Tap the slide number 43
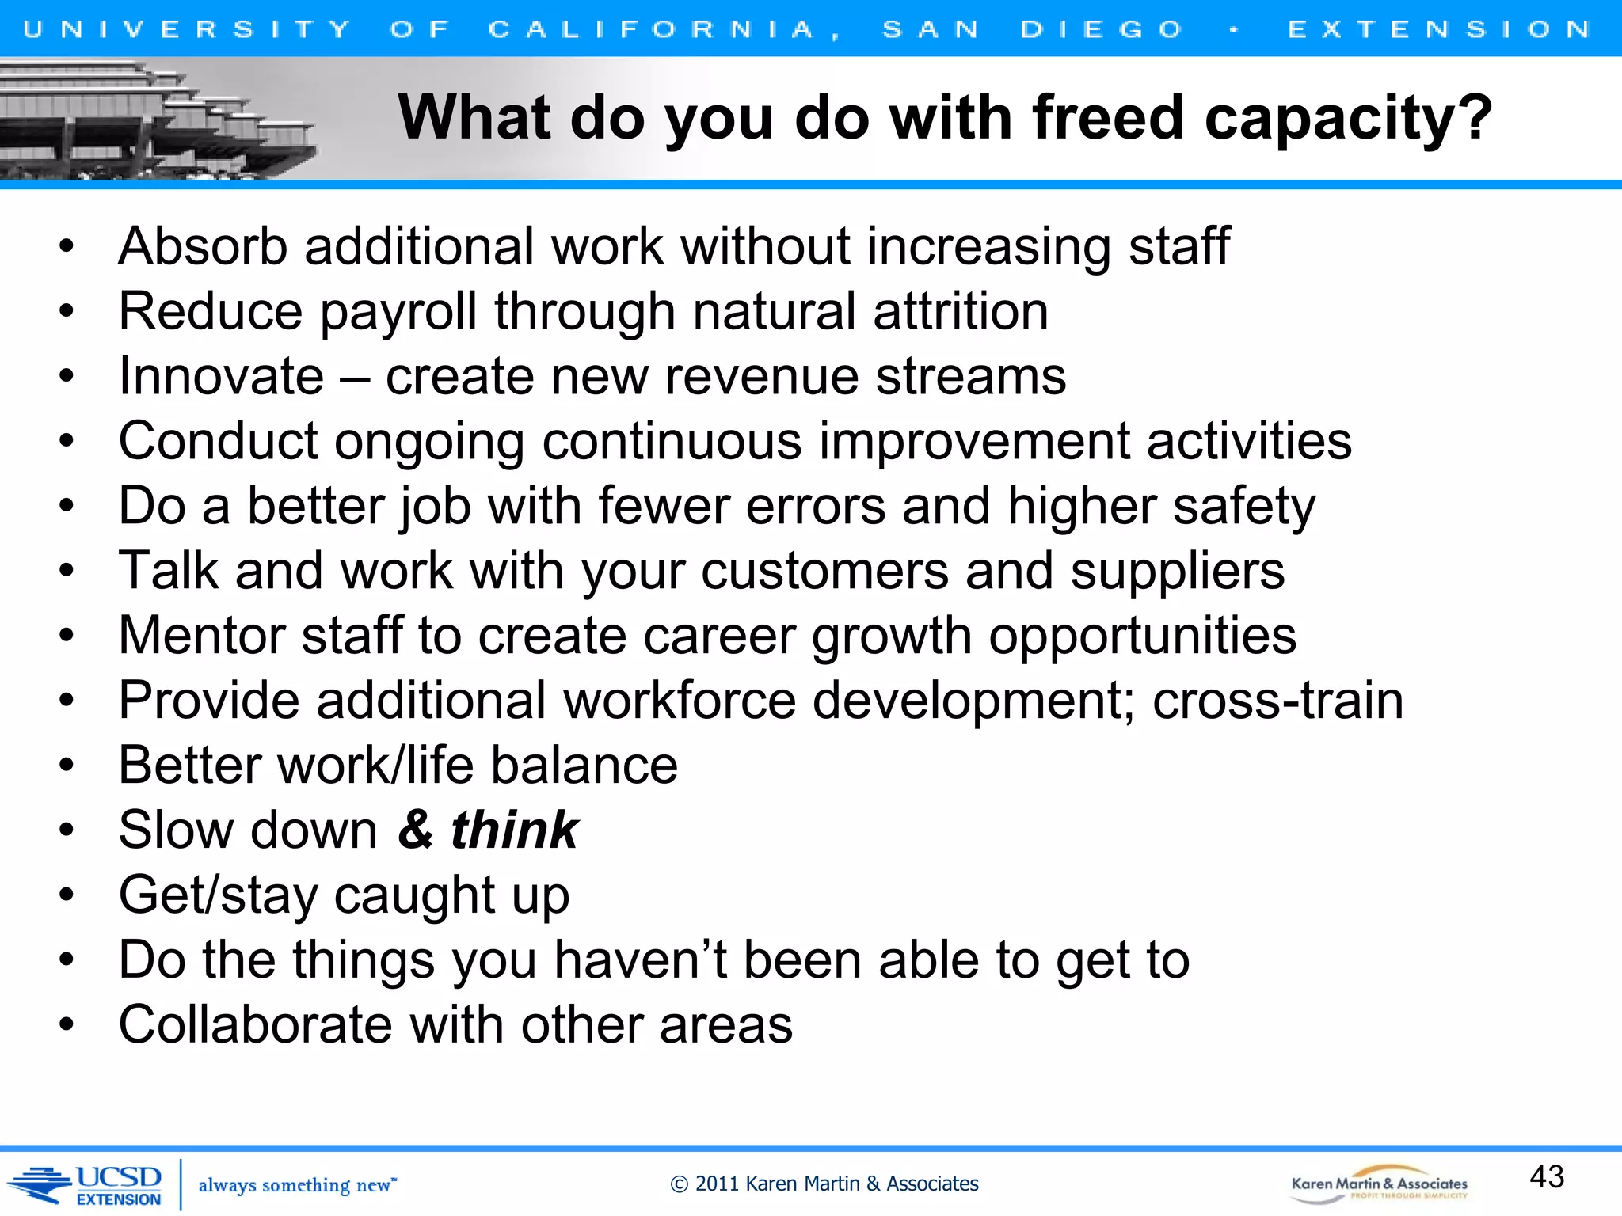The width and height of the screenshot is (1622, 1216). pos(1546,1176)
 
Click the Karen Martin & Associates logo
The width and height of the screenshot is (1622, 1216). pos(1379,1185)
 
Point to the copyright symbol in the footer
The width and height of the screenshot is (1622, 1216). pos(679,1184)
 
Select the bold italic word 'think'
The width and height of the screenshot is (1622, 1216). pos(515,830)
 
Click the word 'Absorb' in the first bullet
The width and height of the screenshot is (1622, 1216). pos(203,246)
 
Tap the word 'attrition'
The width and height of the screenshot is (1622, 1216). pos(961,311)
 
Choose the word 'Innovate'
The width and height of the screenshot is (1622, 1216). pos(221,376)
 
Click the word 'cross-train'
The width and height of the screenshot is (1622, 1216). pos(1277,701)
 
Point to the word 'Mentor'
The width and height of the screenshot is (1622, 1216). pos(201,636)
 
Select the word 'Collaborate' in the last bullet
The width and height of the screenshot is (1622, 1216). pos(256,1025)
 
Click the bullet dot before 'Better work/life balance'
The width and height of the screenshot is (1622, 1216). pos(67,766)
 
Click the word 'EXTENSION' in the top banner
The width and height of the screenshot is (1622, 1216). pos(1439,29)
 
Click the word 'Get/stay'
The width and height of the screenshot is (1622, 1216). pos(218,896)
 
